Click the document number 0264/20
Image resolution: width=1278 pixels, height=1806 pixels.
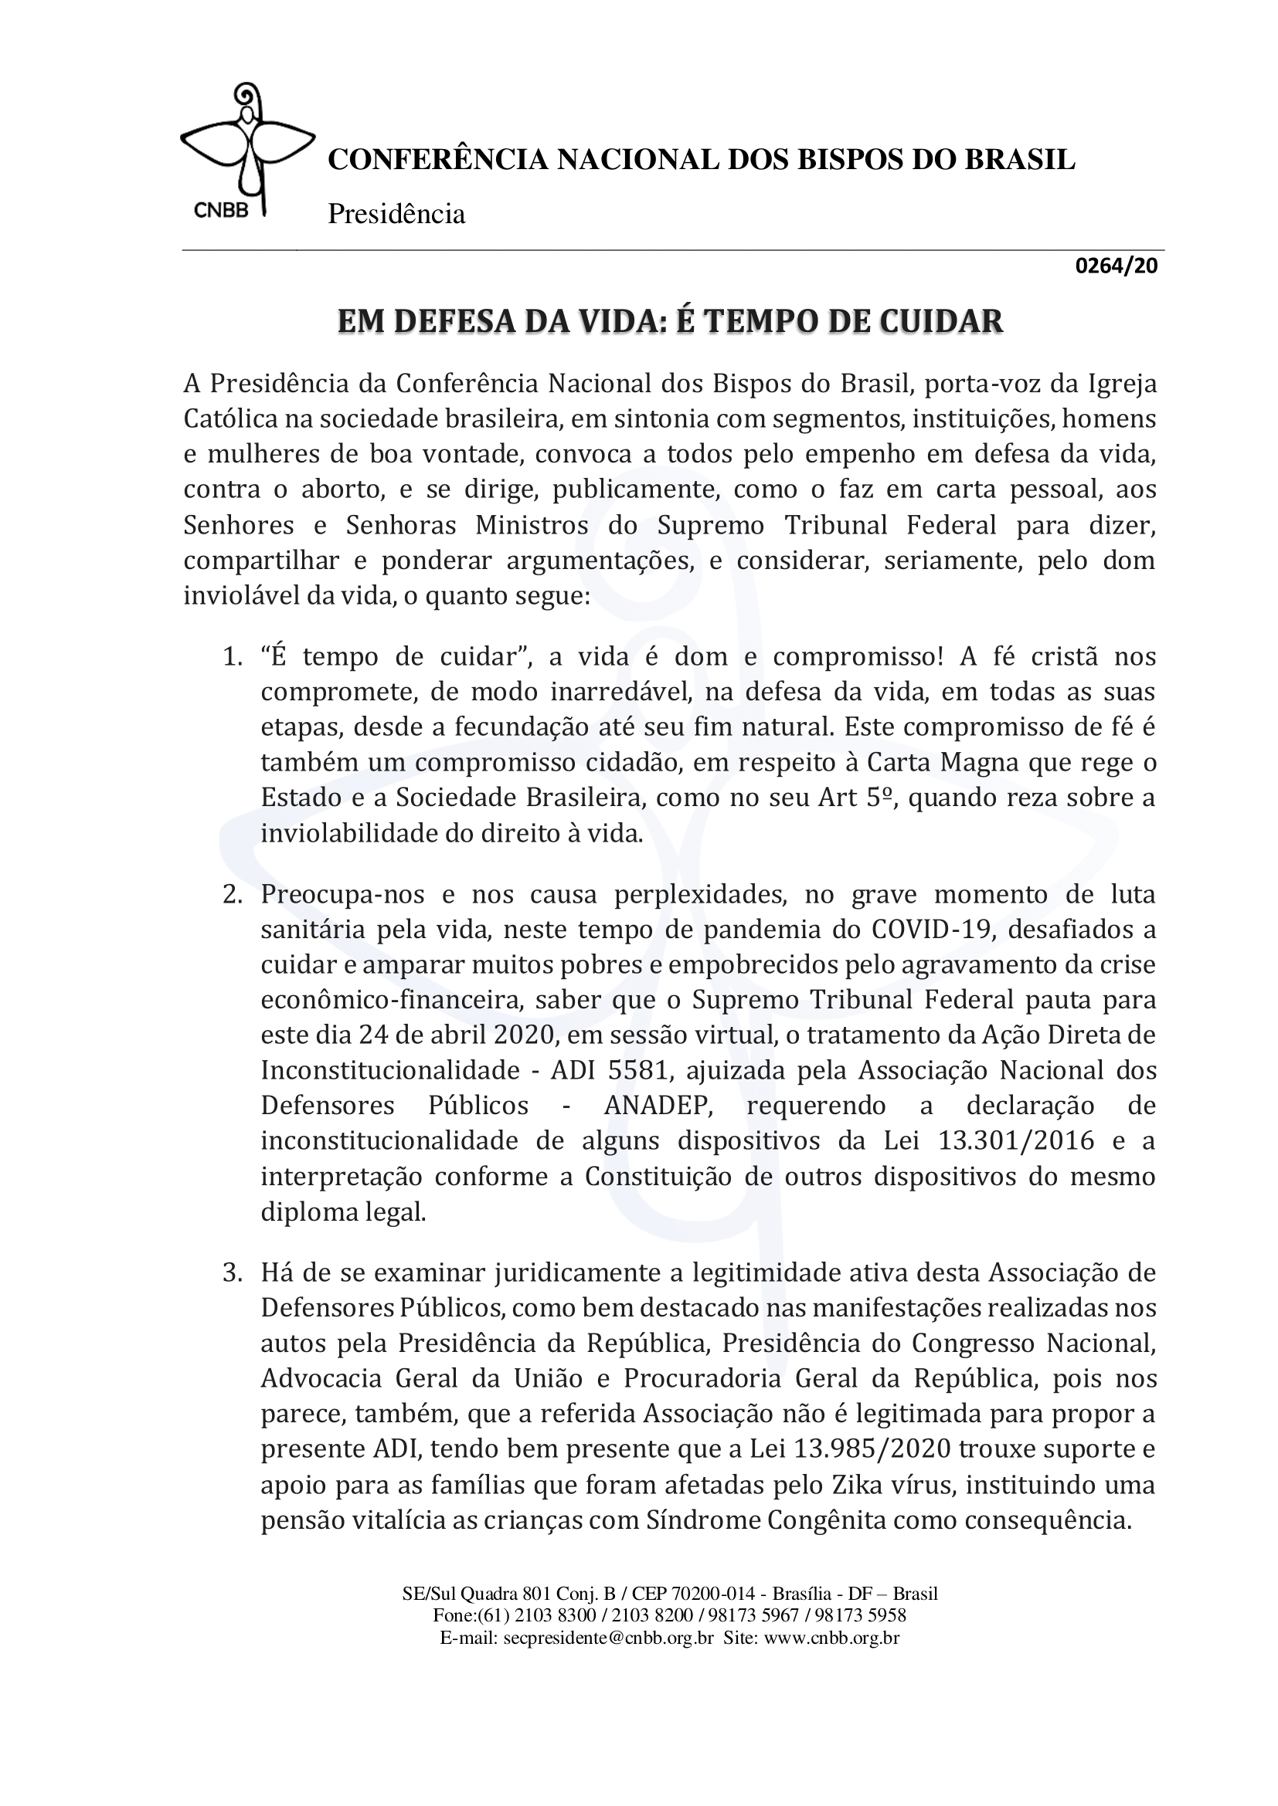pos(1116,266)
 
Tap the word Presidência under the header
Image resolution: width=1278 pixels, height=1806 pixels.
pos(396,213)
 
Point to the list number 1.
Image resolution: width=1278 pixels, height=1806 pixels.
pos(231,657)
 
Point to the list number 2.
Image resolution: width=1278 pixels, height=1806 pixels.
pos(231,895)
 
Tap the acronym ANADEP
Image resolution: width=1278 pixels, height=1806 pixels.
pos(658,1106)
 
